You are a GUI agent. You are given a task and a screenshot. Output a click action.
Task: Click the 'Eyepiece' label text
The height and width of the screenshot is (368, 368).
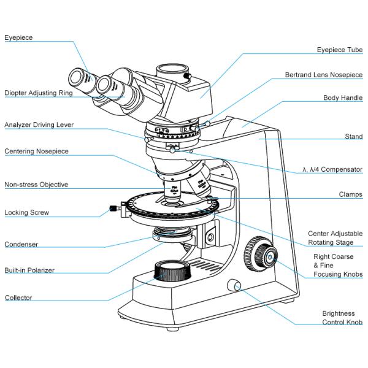point(18,37)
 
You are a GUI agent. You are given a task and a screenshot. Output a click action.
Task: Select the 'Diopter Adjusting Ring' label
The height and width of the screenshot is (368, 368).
point(39,93)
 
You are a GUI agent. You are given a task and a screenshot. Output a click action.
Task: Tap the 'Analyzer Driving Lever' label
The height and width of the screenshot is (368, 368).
point(39,125)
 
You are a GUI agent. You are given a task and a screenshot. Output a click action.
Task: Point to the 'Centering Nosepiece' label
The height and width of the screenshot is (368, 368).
point(37,151)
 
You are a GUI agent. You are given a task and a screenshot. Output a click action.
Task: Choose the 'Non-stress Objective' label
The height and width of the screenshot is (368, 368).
point(36,184)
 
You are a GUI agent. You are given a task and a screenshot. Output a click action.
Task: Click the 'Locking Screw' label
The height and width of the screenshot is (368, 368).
point(26,213)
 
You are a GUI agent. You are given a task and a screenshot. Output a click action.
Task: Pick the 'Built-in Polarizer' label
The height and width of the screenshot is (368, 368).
point(29,270)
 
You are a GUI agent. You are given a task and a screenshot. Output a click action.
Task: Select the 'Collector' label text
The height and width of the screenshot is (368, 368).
point(18,298)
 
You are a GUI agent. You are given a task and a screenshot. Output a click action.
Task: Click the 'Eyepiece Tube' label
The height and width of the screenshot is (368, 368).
point(339,49)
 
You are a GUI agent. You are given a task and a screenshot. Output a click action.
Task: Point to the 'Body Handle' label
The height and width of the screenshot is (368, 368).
point(343,98)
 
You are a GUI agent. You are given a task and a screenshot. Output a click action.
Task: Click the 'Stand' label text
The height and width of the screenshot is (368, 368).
point(353,136)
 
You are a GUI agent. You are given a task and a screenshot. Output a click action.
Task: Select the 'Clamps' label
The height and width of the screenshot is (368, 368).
point(350,194)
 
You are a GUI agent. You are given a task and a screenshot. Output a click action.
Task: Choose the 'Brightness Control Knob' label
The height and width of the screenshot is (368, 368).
point(342,318)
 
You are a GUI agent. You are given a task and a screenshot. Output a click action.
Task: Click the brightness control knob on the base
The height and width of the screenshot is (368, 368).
point(234,285)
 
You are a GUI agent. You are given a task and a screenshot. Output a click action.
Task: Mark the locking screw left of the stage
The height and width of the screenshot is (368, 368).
point(113,209)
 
